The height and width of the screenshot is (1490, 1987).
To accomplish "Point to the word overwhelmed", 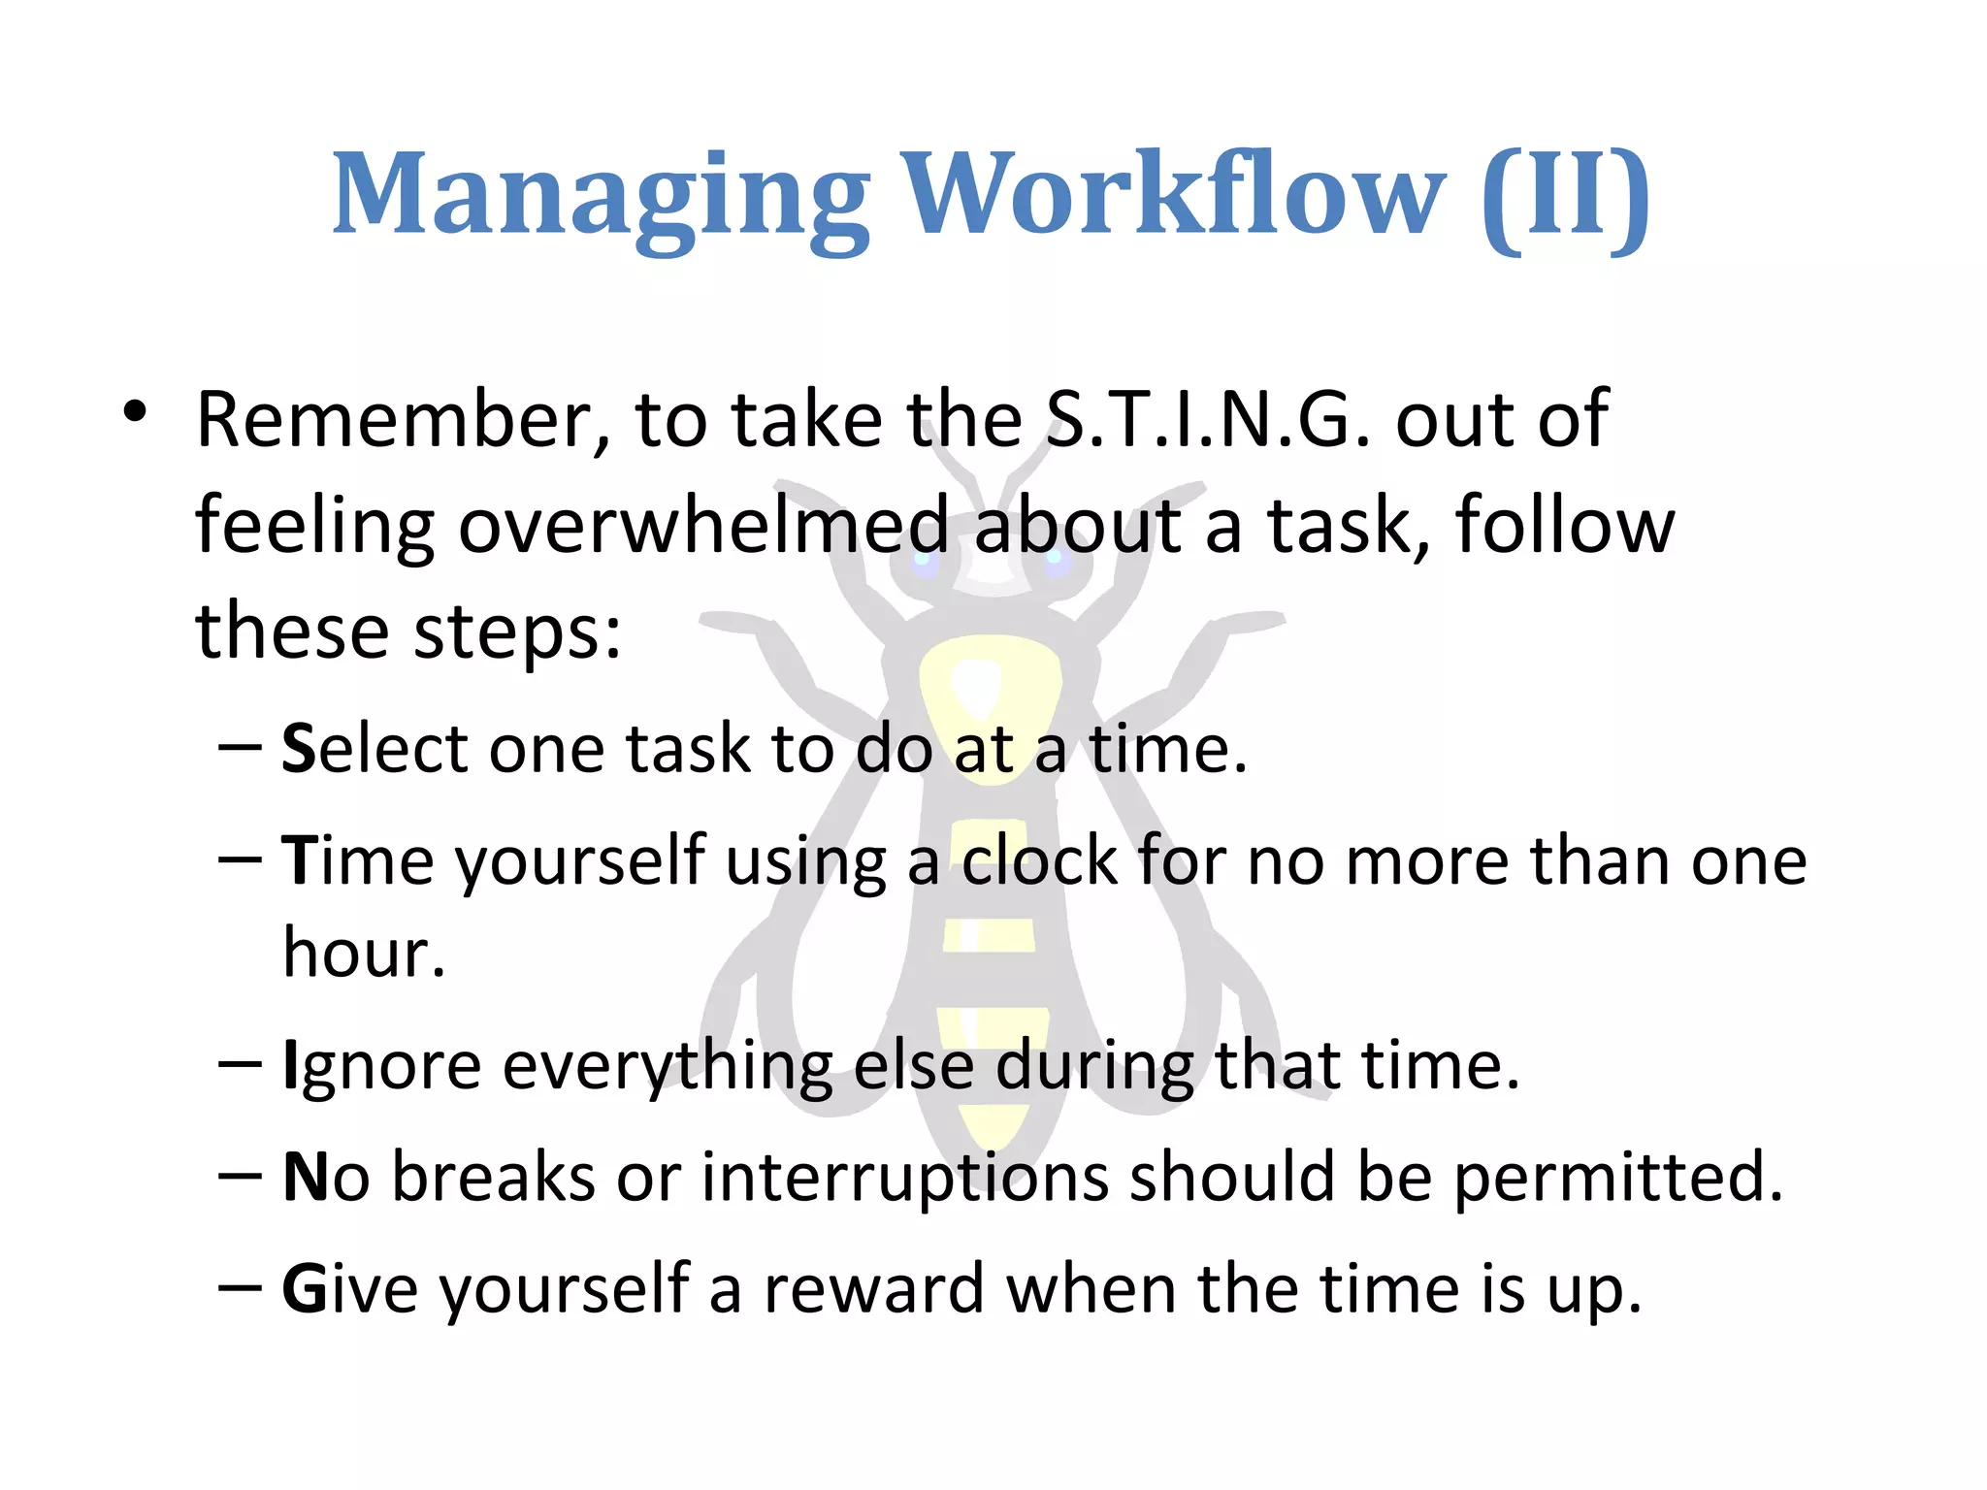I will (x=702, y=527).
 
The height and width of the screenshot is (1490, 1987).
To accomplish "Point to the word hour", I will (x=363, y=953).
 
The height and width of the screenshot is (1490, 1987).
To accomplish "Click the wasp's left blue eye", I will (x=923, y=564).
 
